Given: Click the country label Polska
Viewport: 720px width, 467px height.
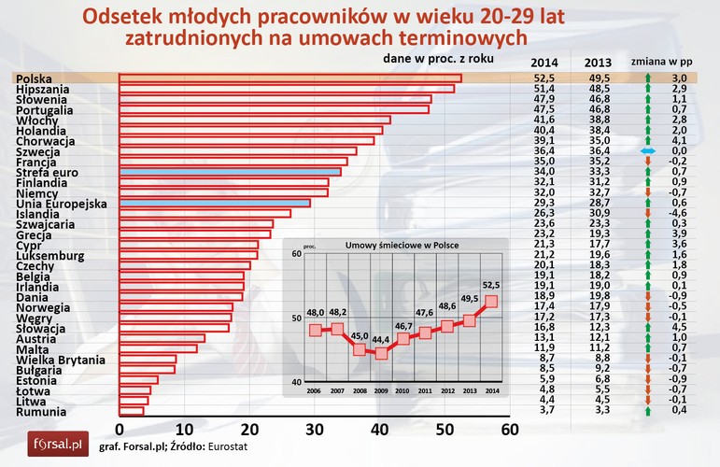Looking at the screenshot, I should [x=35, y=78].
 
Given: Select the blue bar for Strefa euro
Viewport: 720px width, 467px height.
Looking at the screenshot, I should [x=229, y=172].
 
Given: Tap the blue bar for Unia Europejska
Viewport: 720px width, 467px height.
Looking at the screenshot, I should [x=214, y=203].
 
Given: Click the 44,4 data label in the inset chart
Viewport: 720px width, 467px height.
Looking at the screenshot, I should [x=380, y=337].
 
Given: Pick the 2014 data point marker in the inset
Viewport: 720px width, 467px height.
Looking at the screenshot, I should [x=491, y=302].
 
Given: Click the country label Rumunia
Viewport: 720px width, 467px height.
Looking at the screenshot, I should [x=40, y=411].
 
